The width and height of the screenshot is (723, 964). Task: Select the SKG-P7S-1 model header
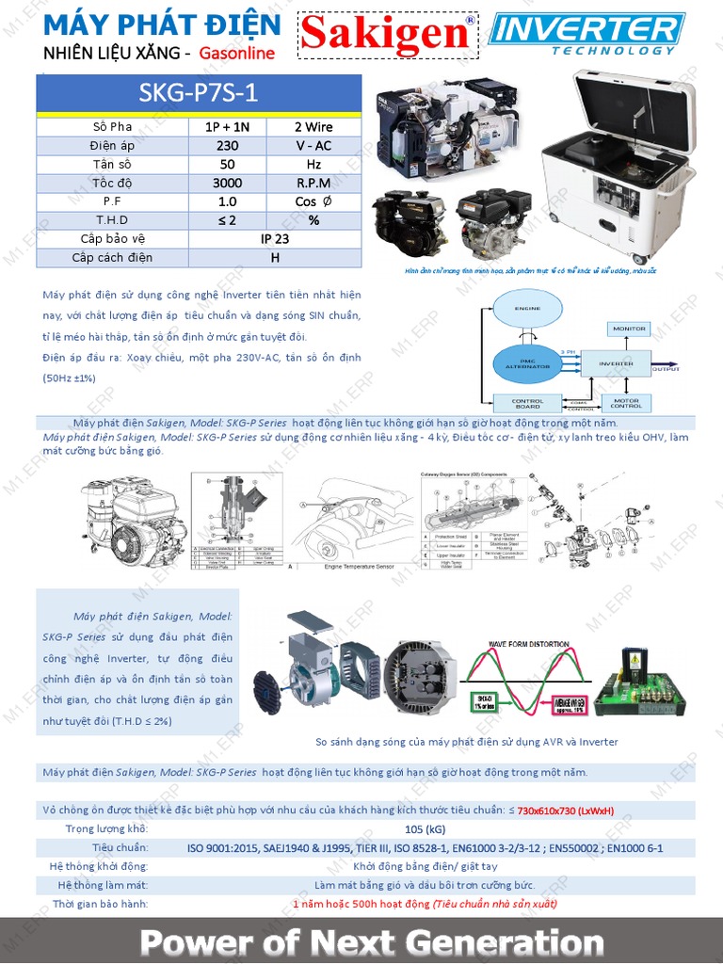tap(199, 94)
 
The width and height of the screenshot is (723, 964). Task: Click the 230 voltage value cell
tap(227, 146)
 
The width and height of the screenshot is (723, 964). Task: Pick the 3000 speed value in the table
tap(227, 183)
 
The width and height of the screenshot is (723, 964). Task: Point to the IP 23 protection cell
tap(275, 239)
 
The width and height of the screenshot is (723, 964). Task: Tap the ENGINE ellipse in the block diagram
tap(527, 309)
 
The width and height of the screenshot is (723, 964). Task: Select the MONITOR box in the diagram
tap(629, 329)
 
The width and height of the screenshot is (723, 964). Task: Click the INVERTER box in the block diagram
tap(616, 363)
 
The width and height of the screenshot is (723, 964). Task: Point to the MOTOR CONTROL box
tap(626, 403)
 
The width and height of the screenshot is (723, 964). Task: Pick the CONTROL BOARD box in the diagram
tap(527, 403)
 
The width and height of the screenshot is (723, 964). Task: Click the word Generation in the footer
tap(498, 942)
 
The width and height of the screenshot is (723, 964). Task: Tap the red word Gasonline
tap(236, 54)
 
